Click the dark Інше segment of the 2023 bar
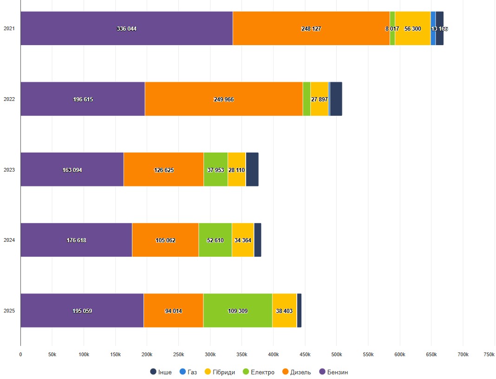252,169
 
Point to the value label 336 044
126,29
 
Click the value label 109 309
238,311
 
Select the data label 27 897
320,100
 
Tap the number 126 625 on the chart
163,170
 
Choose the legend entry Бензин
333,372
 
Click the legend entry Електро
259,372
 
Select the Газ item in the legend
188,372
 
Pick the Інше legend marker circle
153,372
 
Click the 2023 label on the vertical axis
9,170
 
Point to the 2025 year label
9,311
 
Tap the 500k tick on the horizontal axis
336,354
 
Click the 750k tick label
489,354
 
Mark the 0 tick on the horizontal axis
20,354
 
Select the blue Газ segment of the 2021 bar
433,28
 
